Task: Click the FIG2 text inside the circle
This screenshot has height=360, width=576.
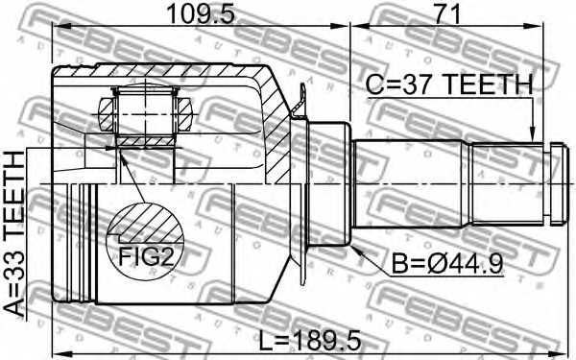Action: tap(145, 255)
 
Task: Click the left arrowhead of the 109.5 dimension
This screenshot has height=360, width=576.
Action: tap(56, 30)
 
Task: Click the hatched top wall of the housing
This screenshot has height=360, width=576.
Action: tap(163, 73)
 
